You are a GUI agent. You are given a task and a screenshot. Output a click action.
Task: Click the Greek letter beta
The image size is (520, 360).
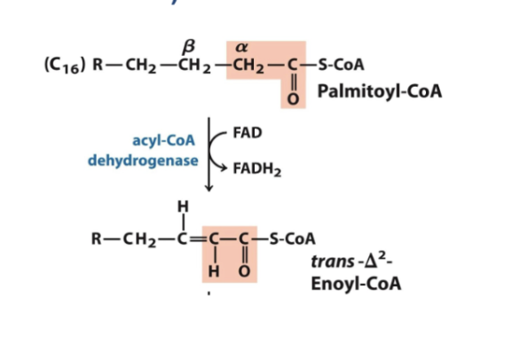[x=189, y=47]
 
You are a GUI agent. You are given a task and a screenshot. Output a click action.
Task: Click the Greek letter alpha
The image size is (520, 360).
[x=241, y=48]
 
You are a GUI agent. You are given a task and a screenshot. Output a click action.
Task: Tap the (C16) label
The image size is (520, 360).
[x=65, y=66]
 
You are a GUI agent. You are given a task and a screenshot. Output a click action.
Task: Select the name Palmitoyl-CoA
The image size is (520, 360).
[x=380, y=91]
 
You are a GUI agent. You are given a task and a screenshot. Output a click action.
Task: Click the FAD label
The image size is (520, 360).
[x=248, y=133]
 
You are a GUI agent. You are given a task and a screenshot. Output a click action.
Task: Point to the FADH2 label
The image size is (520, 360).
[x=257, y=168]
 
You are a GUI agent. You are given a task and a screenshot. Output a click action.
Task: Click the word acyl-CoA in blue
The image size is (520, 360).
[x=163, y=141]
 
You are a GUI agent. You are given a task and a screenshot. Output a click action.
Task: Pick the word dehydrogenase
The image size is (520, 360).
[x=143, y=160]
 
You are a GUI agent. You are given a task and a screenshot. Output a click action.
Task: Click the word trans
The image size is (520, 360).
[x=333, y=262]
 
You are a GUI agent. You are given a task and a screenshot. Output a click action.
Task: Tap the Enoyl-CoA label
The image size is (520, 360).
[x=356, y=284]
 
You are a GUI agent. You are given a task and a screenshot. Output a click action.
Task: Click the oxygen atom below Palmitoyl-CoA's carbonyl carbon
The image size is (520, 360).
[x=293, y=99]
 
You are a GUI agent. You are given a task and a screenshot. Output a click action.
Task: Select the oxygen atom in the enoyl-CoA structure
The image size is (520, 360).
[x=244, y=271]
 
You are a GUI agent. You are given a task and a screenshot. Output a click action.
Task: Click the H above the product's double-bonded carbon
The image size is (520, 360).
[x=184, y=207]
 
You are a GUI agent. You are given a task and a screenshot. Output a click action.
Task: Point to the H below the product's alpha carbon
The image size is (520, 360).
[x=214, y=272]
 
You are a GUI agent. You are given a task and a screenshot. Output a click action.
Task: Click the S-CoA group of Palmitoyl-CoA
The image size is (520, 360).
[x=342, y=65]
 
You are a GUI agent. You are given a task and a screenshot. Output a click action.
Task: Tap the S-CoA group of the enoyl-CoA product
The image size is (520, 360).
[x=293, y=239]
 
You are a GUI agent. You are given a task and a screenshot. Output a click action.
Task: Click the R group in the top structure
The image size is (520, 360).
[x=98, y=65]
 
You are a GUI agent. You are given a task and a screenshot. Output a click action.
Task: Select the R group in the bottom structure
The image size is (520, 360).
[x=96, y=239]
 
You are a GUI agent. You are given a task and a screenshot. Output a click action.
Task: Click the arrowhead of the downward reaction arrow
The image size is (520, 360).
[x=209, y=188]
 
